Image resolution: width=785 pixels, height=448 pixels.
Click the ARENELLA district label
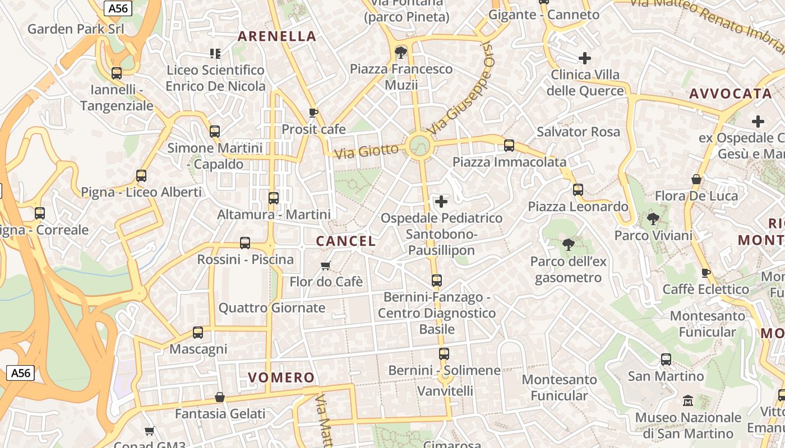click(x=277, y=36)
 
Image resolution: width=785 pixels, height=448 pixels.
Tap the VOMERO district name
click(x=281, y=377)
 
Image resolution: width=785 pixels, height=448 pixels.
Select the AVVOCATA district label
click(x=731, y=94)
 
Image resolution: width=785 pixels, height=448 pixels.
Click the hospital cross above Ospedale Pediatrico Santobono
click(x=441, y=201)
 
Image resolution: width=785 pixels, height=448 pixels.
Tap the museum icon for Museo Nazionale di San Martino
click(x=687, y=401)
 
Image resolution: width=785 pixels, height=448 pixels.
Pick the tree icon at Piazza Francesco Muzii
click(x=400, y=53)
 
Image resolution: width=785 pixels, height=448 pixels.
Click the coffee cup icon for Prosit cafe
click(x=313, y=113)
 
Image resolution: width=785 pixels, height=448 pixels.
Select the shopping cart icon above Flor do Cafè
click(x=325, y=265)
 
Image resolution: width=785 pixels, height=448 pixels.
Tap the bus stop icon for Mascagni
click(x=198, y=333)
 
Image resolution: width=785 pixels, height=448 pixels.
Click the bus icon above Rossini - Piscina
click(x=245, y=243)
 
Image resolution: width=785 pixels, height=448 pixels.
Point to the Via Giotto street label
click(x=367, y=151)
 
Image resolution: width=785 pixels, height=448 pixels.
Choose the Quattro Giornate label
click(x=272, y=307)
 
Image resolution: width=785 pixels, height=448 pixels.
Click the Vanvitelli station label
click(x=445, y=390)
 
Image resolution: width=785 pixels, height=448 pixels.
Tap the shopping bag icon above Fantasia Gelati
click(x=220, y=397)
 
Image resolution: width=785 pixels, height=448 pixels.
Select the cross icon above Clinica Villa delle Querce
click(x=585, y=58)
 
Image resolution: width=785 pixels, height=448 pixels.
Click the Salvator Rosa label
click(x=578, y=132)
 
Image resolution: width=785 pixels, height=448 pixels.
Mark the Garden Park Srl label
click(x=76, y=29)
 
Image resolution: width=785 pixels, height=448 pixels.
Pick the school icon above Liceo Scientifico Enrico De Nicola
click(x=215, y=54)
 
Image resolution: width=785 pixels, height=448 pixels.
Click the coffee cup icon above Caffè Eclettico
click(x=706, y=273)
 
